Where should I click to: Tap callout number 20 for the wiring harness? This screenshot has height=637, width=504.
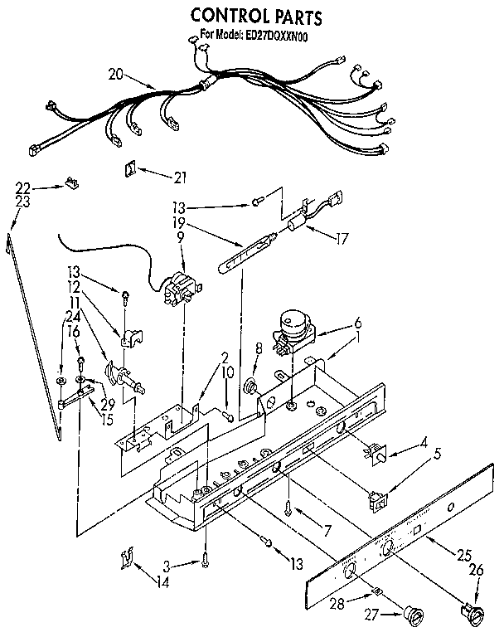click(117, 75)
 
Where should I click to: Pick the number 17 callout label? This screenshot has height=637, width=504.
click(340, 236)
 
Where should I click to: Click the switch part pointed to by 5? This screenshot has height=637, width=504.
click(378, 499)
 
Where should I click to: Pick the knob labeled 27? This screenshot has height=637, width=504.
click(409, 614)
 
